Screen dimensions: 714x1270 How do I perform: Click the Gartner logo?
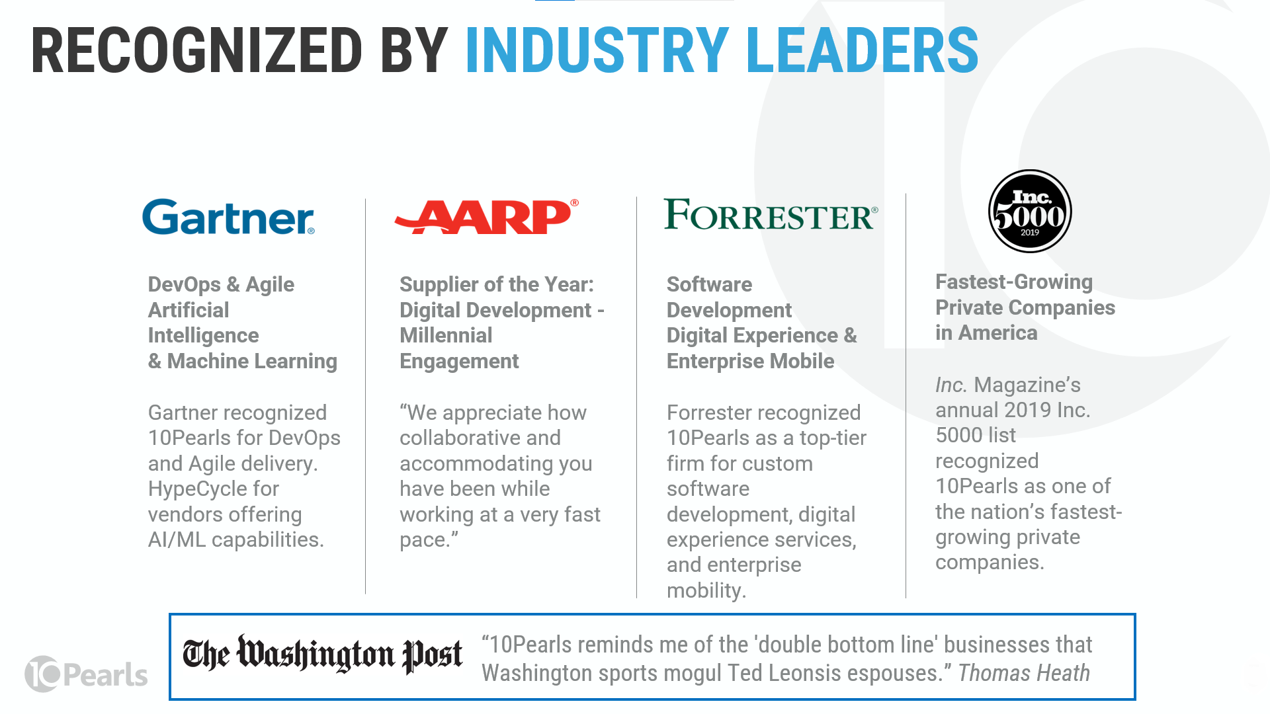click(x=228, y=217)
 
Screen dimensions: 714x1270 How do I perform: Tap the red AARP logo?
click(x=486, y=217)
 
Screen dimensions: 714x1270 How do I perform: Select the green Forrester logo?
click(x=771, y=215)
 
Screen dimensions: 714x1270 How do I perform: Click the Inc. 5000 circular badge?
click(x=1030, y=211)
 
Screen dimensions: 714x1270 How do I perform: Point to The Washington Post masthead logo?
click(x=322, y=654)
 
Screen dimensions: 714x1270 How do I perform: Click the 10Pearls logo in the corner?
click(x=87, y=674)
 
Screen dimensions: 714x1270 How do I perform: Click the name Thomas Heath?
click(x=1023, y=673)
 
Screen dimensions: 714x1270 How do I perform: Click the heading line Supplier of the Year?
click(x=497, y=284)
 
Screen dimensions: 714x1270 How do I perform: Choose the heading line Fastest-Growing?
click(x=1013, y=282)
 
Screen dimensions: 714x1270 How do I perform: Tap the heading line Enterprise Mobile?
click(x=750, y=361)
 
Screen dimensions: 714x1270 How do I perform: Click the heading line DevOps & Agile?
click(x=221, y=284)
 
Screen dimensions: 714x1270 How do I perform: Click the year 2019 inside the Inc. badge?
click(x=1030, y=233)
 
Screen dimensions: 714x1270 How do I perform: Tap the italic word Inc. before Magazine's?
click(x=951, y=385)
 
